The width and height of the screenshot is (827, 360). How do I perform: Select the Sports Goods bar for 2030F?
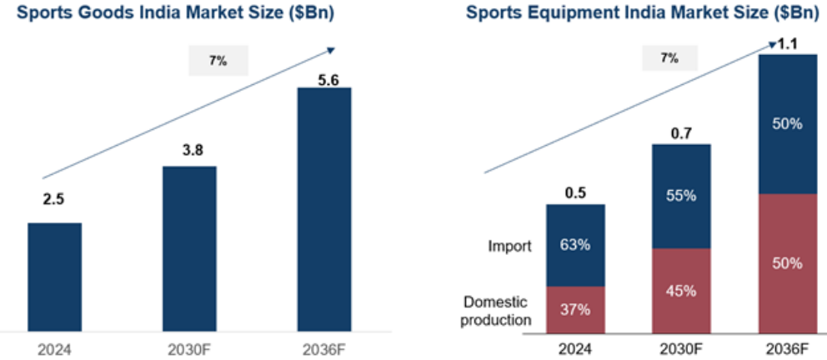[189, 250]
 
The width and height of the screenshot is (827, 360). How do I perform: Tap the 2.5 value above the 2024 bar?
[54, 199]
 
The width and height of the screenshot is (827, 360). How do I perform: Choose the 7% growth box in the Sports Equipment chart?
[669, 58]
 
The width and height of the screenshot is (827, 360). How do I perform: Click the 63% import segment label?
[575, 245]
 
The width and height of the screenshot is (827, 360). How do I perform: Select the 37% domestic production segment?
[575, 310]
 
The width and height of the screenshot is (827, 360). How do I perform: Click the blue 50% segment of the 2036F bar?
[787, 124]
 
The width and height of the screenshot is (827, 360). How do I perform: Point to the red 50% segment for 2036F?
[787, 263]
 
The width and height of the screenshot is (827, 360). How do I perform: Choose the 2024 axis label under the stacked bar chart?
[575, 349]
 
